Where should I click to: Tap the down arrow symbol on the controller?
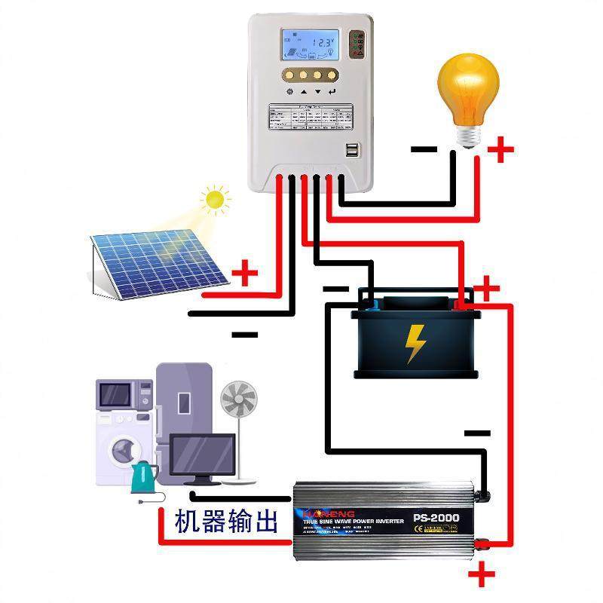click(318, 92)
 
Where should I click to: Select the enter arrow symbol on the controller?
click(332, 92)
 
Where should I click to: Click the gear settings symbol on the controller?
click(289, 92)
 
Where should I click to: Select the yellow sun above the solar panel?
click(215, 199)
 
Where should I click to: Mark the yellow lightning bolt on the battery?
click(415, 343)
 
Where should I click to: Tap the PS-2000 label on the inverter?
click(436, 519)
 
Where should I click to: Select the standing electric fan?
click(240, 430)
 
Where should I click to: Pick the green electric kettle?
click(143, 477)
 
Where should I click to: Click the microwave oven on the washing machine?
click(119, 393)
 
